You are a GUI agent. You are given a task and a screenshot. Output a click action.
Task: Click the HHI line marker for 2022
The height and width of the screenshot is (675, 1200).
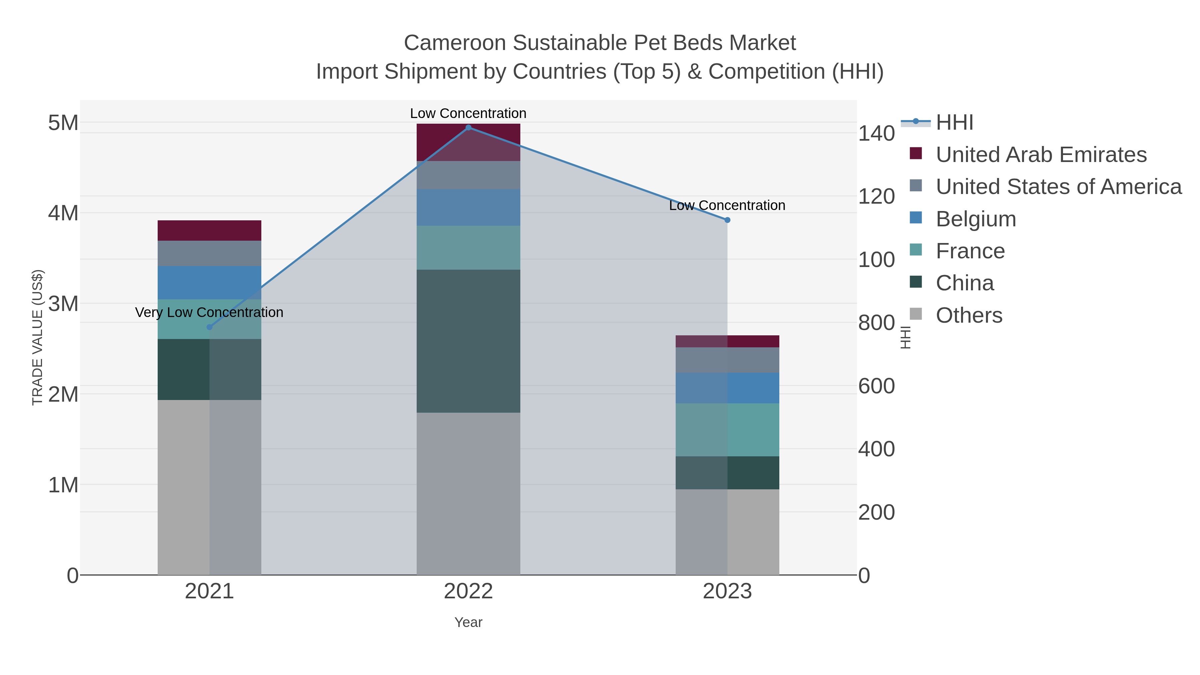coord(468,128)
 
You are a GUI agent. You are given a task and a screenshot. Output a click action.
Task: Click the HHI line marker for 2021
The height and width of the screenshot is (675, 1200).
coord(209,327)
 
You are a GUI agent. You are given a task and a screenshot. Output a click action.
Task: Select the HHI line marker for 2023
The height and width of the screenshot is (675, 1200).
coord(727,220)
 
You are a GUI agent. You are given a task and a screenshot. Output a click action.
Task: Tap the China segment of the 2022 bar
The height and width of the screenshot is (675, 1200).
coord(468,341)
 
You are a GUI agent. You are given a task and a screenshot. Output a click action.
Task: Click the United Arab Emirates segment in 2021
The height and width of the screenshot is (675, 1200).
coord(209,231)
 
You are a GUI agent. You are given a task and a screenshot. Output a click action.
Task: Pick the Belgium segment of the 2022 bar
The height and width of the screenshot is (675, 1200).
coord(468,207)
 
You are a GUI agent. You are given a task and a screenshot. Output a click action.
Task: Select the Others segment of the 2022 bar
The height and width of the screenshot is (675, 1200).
coord(468,494)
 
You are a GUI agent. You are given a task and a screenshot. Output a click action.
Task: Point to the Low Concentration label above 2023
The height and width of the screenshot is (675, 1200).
coord(727,205)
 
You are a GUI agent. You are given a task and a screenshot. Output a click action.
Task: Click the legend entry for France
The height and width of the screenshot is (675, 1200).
coord(970,251)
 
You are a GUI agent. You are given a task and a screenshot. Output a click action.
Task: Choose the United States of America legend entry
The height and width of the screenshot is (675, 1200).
coord(1058,187)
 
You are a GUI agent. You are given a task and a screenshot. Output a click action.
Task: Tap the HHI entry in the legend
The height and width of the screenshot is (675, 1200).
coord(955,123)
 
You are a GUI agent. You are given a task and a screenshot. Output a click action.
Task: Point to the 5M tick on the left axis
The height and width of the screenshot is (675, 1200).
coord(63,123)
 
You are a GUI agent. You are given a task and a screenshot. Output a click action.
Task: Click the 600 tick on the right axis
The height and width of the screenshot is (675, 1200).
coord(876,386)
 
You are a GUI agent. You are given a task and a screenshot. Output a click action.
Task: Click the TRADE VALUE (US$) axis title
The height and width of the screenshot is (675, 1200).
coord(37,337)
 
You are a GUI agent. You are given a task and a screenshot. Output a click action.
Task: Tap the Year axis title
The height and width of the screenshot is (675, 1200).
coord(468,622)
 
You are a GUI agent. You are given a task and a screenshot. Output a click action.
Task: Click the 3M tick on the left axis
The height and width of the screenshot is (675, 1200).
coord(63,304)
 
